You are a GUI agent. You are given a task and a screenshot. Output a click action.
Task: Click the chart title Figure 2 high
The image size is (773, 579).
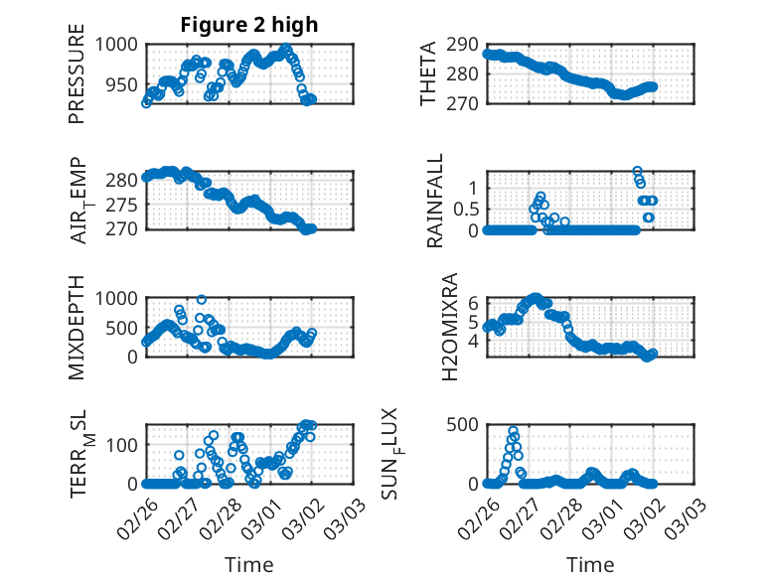pyautogui.click(x=248, y=25)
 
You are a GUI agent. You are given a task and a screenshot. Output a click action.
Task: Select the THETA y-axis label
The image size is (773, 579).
pyautogui.click(x=428, y=73)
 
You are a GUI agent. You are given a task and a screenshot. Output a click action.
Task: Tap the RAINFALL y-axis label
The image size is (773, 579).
pyautogui.click(x=435, y=202)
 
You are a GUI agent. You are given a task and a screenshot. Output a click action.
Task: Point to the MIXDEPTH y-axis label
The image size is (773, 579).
pyautogui.click(x=77, y=328)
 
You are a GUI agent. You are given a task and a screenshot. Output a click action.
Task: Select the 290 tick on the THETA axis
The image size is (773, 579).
pyautogui.click(x=464, y=45)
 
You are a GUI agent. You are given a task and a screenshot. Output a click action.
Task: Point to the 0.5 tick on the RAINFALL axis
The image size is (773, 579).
pyautogui.click(x=464, y=209)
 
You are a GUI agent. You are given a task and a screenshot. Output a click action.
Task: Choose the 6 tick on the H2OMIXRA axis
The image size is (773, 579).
pyautogui.click(x=474, y=304)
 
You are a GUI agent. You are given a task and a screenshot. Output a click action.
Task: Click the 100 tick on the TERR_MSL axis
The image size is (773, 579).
pyautogui.click(x=124, y=443)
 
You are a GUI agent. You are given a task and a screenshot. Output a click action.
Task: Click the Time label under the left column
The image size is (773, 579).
pyautogui.click(x=248, y=564)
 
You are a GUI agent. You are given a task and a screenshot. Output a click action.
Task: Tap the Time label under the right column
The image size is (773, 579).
pyautogui.click(x=590, y=564)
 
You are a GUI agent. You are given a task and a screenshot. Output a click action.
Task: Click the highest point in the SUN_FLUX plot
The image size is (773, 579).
pyautogui.click(x=513, y=431)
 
